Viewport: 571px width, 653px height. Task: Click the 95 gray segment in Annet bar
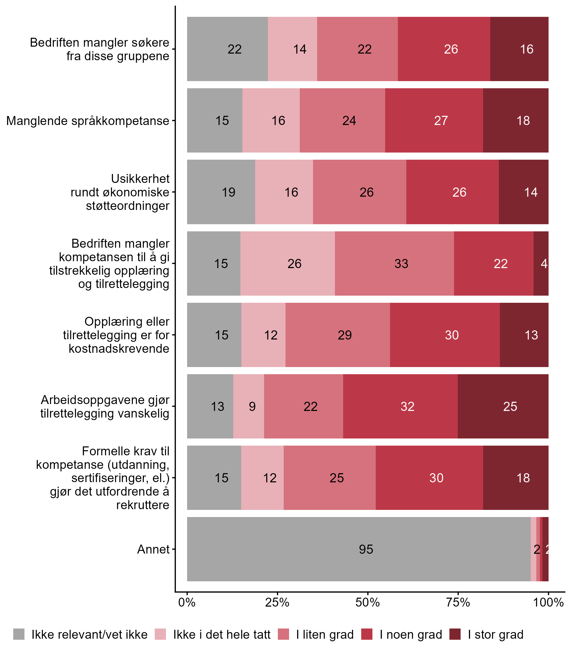click(358, 549)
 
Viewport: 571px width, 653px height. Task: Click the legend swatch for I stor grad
click(455, 634)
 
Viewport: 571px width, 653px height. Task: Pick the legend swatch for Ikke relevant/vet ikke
click(19, 634)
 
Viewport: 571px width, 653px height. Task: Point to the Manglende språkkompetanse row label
click(88, 121)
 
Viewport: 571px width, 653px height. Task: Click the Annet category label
click(153, 549)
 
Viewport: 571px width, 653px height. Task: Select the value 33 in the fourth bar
click(401, 264)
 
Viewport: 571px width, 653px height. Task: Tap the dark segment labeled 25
click(510, 407)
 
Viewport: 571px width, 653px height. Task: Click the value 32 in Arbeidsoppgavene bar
click(407, 407)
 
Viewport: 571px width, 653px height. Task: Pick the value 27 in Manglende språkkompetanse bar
click(441, 121)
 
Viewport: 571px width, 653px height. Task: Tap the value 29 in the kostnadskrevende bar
click(344, 335)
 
